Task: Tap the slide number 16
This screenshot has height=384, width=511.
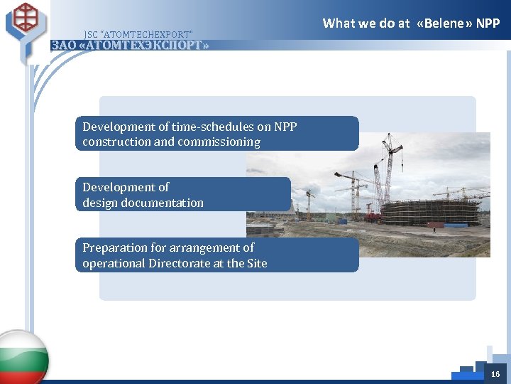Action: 495,374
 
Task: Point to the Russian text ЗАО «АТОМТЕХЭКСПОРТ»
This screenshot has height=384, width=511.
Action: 130,46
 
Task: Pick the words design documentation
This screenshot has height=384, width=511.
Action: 143,203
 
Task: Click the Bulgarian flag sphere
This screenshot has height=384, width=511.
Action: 21,358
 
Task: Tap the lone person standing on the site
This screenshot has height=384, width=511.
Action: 434,230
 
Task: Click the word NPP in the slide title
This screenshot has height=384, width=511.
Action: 488,23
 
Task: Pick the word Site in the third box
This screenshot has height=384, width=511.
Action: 255,264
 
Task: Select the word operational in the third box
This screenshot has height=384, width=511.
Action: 114,264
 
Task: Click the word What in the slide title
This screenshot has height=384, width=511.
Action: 339,23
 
